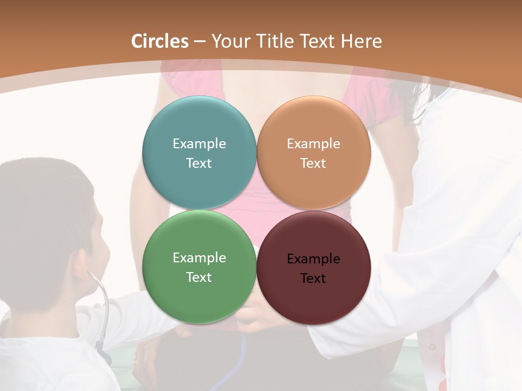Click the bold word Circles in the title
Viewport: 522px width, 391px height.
(x=160, y=41)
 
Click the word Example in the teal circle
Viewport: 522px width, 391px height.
(x=199, y=144)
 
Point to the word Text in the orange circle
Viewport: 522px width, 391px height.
(x=313, y=163)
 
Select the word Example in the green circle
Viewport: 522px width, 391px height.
(x=199, y=258)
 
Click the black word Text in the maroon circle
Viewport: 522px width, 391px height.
(x=313, y=279)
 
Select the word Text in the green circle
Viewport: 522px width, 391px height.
(x=199, y=278)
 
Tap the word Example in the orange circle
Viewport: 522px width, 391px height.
(x=313, y=144)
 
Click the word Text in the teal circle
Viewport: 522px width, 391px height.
(x=199, y=163)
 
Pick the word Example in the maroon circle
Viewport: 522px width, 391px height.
(x=313, y=259)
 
